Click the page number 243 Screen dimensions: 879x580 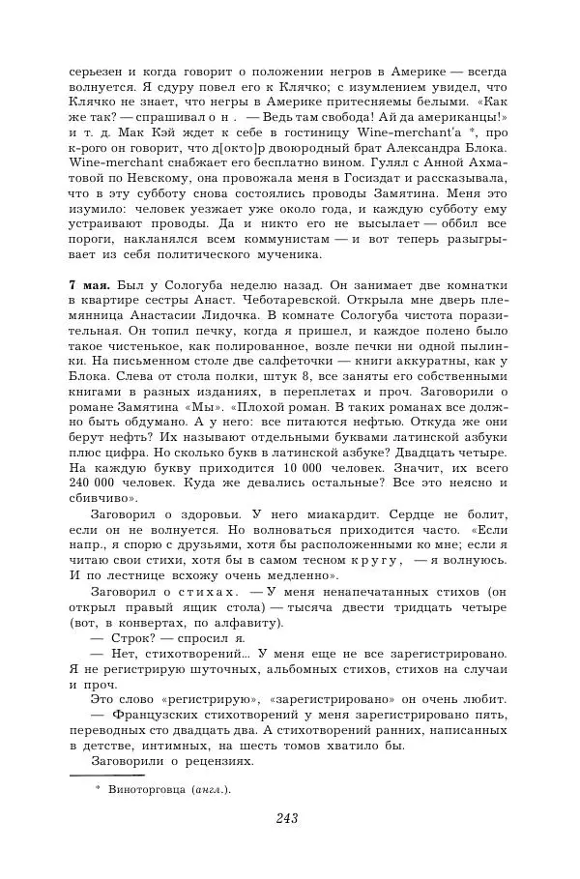coord(286,818)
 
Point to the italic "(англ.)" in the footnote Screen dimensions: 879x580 coord(212,788)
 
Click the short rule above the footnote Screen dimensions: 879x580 coord(106,775)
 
